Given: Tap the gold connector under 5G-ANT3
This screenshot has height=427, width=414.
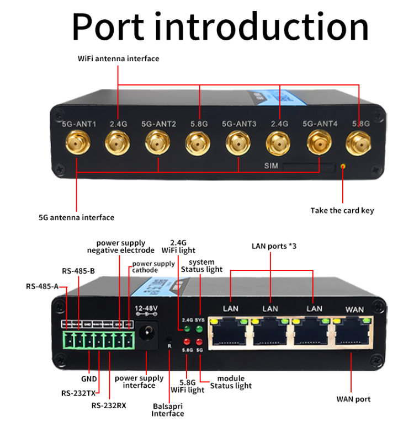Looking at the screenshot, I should [238, 145].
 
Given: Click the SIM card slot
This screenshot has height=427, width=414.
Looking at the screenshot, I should [309, 166].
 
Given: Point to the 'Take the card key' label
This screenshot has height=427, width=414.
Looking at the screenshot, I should [342, 210].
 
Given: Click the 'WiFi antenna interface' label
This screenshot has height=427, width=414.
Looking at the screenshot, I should [118, 58].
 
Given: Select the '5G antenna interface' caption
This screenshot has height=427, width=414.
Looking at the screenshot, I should [76, 217].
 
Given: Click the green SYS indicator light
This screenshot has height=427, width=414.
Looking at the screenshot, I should [200, 329].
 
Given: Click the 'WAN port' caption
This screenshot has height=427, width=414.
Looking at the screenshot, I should [353, 399].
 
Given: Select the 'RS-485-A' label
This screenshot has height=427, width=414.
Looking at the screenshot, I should [42, 286].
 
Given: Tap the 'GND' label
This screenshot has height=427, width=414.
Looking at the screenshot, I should [88, 379].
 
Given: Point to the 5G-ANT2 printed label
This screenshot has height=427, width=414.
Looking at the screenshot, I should [158, 124].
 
